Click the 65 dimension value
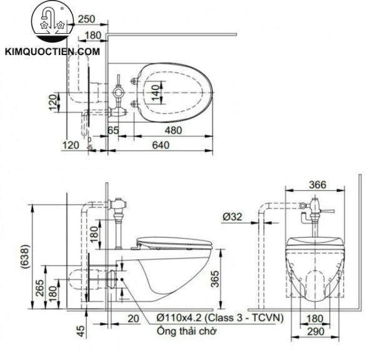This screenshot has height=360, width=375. coord(113,131)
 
